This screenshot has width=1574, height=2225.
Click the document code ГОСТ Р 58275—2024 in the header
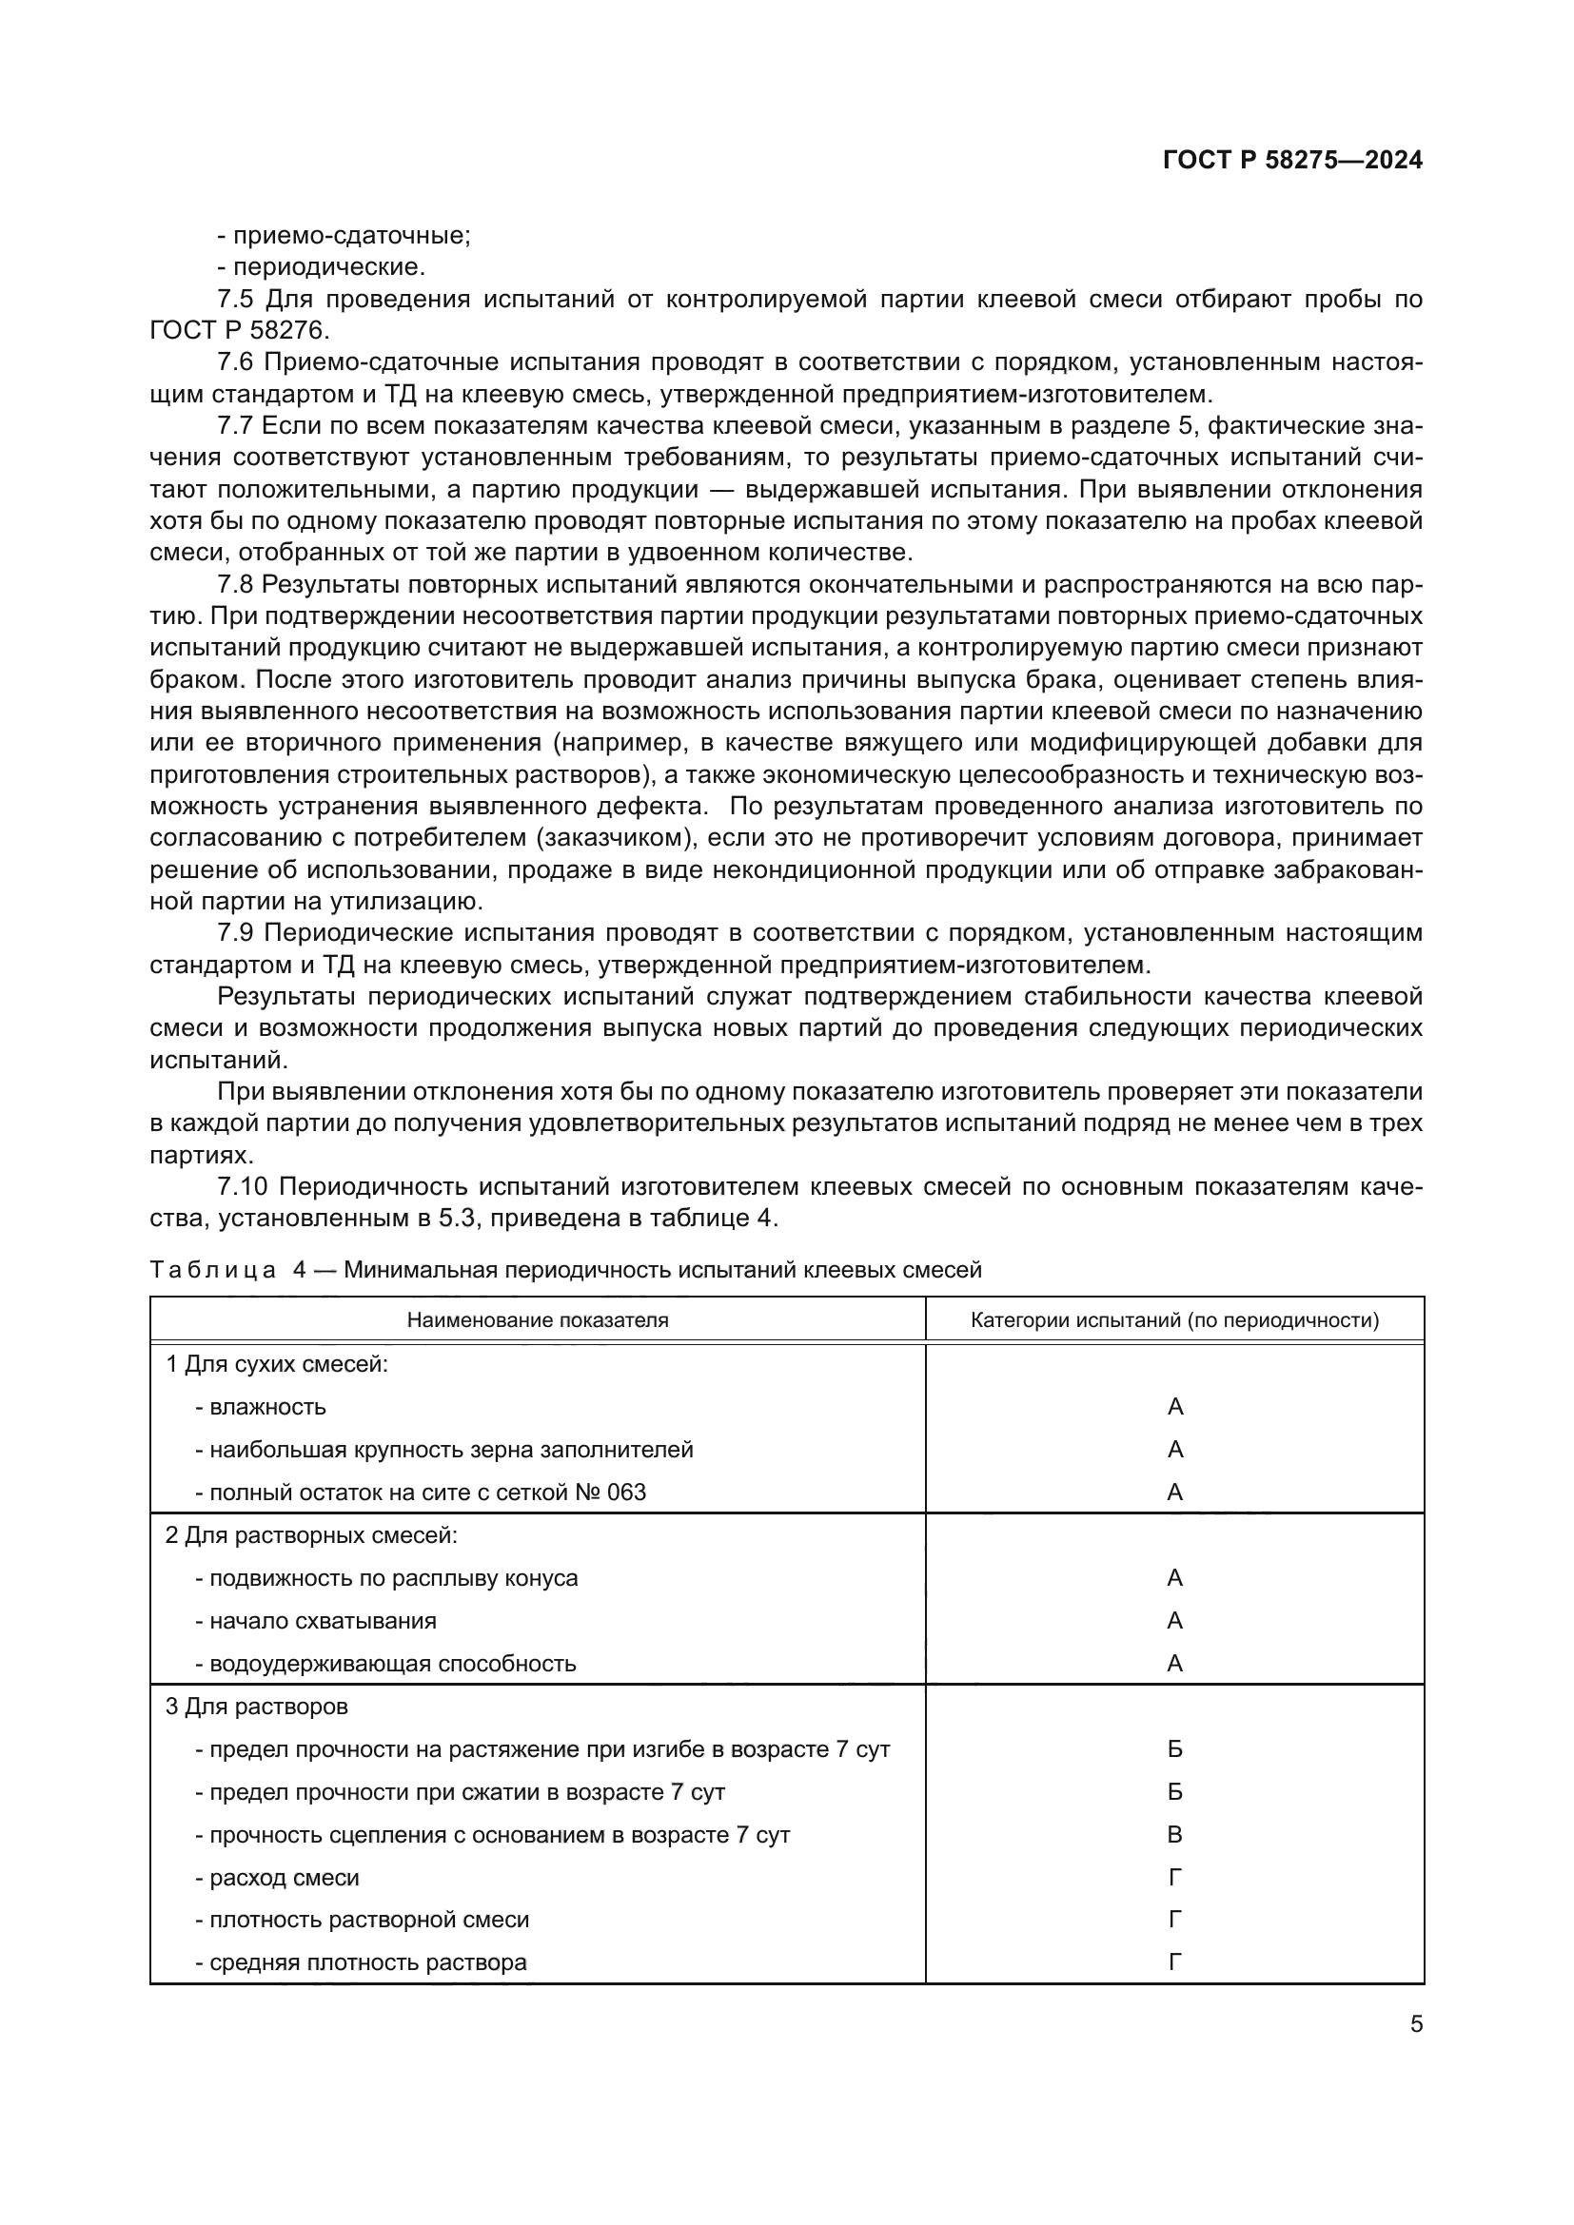click(x=1292, y=161)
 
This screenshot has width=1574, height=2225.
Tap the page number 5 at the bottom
click(x=1416, y=2023)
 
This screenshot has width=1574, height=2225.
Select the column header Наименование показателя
click(x=537, y=1320)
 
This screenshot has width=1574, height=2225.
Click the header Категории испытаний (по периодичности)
click(x=1174, y=1320)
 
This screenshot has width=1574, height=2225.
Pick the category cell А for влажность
click(x=1174, y=1406)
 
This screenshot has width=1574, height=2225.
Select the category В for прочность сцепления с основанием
click(x=1174, y=1834)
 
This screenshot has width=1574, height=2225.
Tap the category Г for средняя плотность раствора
click(x=1174, y=1962)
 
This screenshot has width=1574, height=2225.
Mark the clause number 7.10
click(x=243, y=1186)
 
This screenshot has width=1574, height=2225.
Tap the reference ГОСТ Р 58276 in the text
click(x=239, y=329)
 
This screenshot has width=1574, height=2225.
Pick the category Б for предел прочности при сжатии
click(x=1174, y=1792)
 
